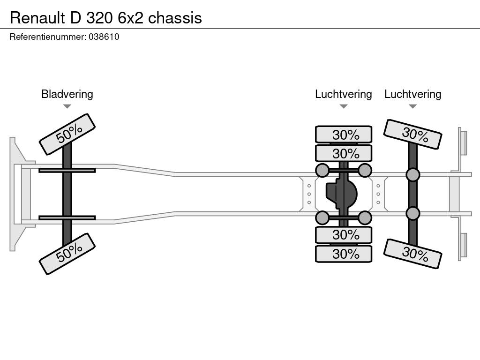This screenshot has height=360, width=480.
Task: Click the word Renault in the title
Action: pyautogui.click(x=37, y=18)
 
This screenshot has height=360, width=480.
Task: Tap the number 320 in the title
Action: pyautogui.click(x=99, y=18)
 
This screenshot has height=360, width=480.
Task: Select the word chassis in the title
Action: pyautogui.click(x=175, y=18)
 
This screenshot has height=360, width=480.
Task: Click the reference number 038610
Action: pyautogui.click(x=104, y=37)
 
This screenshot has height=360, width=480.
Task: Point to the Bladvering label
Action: pyautogui.click(x=67, y=94)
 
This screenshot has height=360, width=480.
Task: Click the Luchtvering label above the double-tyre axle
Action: pyautogui.click(x=344, y=94)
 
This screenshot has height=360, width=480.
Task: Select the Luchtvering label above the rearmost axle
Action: pyautogui.click(x=413, y=94)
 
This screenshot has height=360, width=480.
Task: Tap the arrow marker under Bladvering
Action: pyautogui.click(x=67, y=106)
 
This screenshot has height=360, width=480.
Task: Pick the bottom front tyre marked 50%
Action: pyautogui.click(x=67, y=254)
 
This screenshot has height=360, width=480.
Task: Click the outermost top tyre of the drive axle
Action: pyautogui.click(x=344, y=135)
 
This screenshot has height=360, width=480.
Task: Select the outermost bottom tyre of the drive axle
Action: pyautogui.click(x=344, y=254)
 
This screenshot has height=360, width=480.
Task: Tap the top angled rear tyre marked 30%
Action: pyautogui.click(x=412, y=135)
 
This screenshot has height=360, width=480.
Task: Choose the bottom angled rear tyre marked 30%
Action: pyautogui.click(x=412, y=254)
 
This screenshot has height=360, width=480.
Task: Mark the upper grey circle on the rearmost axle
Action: pyautogui.click(x=413, y=175)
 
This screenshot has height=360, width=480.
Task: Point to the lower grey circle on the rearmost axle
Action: pyautogui.click(x=413, y=213)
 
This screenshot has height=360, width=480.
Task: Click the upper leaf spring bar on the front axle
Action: pyautogui.click(x=67, y=170)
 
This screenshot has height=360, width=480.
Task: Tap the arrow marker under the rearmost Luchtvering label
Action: pyautogui.click(x=413, y=106)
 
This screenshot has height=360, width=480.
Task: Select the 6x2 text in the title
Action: pyautogui.click(x=130, y=18)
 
